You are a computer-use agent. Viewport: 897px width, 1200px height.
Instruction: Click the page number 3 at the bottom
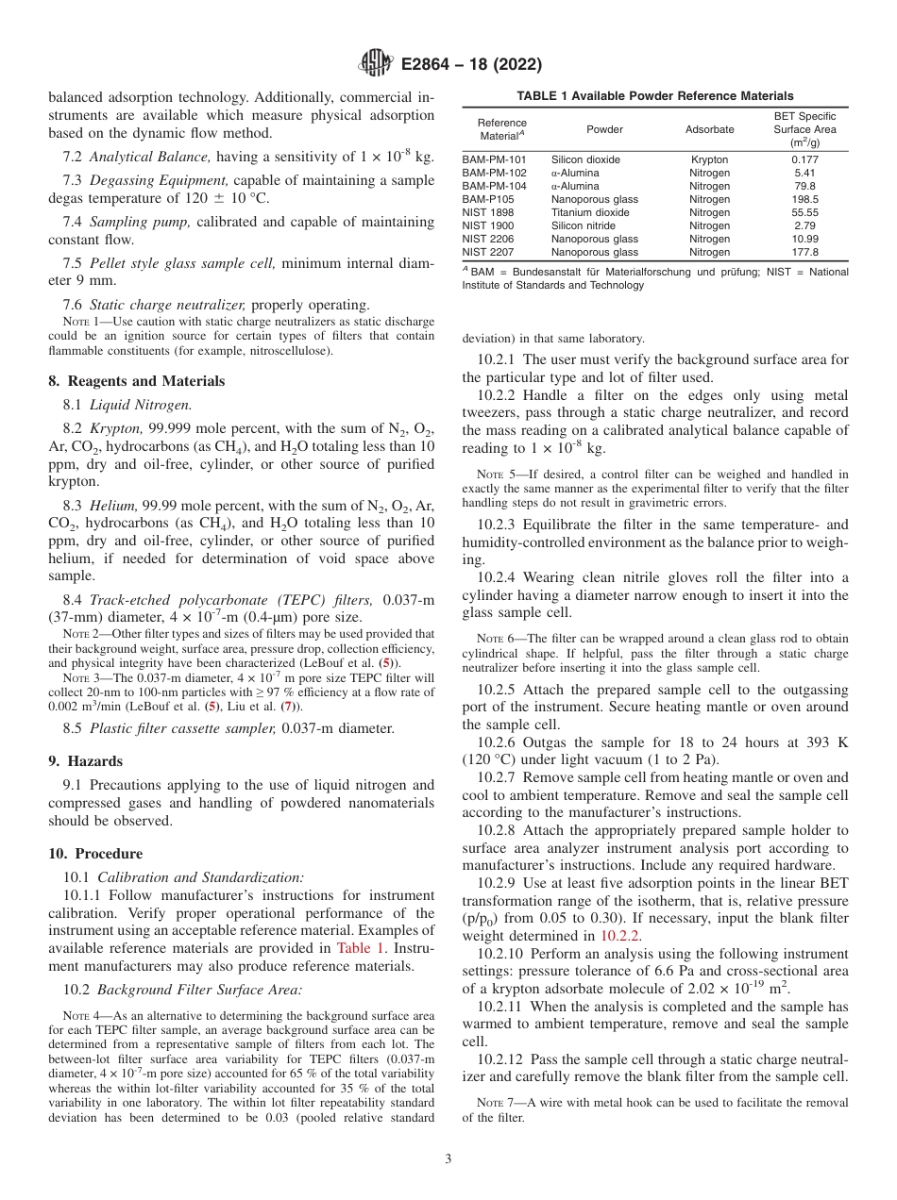point(448,1158)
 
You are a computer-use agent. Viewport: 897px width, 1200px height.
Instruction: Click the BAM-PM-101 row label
point(494,160)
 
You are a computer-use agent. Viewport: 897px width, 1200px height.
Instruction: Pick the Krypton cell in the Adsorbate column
point(709,160)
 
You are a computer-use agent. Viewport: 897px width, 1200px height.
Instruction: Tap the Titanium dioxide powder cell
point(590,213)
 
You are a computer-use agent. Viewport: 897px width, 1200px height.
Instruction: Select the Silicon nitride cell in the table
point(584,226)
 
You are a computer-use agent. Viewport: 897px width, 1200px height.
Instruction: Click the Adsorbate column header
point(709,129)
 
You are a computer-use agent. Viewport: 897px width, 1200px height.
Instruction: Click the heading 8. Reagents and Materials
point(137,381)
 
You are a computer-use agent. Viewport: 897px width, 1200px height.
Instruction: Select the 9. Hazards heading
point(85,761)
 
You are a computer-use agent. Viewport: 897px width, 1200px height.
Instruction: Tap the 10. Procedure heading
point(95,854)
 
